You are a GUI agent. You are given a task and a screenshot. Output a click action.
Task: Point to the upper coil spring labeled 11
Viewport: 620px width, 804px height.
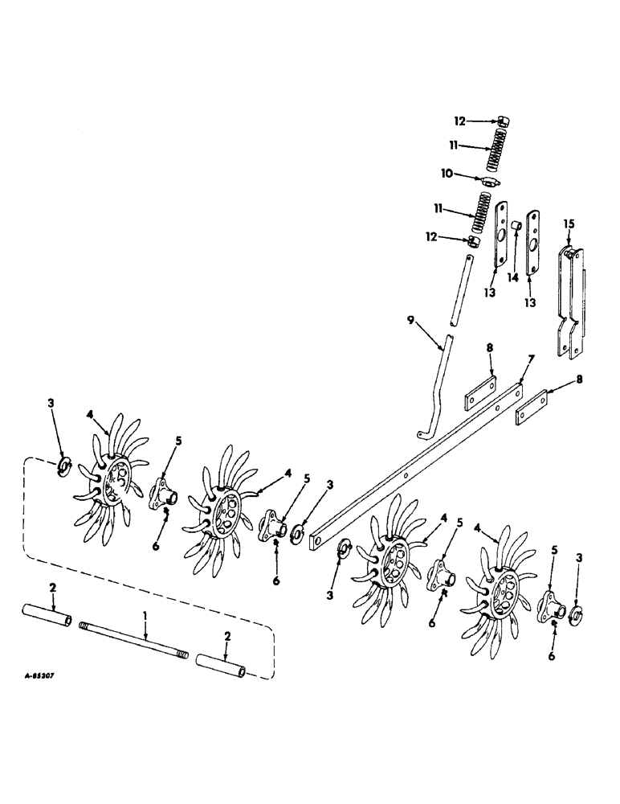(x=496, y=151)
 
